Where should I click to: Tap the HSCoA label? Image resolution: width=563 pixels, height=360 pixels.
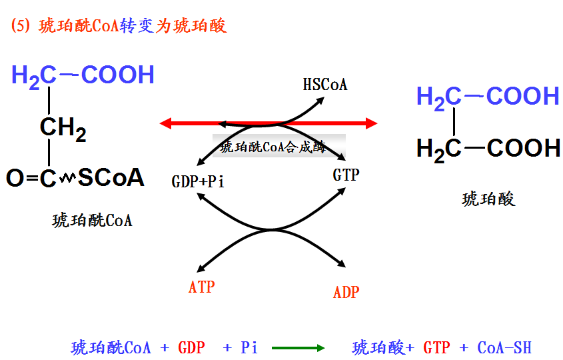click(325, 85)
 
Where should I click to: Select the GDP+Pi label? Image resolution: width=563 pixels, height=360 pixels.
click(199, 182)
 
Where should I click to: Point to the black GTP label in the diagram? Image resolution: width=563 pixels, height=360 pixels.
click(346, 175)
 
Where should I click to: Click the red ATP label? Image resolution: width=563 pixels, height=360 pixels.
click(202, 287)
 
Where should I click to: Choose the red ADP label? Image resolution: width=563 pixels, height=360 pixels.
click(346, 292)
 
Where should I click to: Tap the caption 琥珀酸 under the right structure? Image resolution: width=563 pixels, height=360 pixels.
click(488, 199)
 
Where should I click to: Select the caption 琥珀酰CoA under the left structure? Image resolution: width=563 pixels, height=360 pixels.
click(92, 221)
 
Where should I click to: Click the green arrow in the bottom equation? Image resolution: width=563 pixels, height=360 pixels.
click(298, 348)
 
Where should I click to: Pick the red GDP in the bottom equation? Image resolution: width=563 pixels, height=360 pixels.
click(191, 348)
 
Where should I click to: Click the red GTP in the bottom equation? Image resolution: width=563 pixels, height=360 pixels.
click(437, 348)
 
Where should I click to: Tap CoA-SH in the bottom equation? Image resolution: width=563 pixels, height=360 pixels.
click(504, 348)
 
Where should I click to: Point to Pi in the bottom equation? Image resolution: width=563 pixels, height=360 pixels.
click(249, 348)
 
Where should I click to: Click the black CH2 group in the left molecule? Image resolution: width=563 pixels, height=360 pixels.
click(63, 128)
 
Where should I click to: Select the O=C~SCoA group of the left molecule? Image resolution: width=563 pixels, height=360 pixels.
click(75, 178)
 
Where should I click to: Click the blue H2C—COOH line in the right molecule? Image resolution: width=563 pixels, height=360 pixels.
click(488, 97)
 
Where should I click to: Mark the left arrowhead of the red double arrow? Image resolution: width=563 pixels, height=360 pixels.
click(165, 123)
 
